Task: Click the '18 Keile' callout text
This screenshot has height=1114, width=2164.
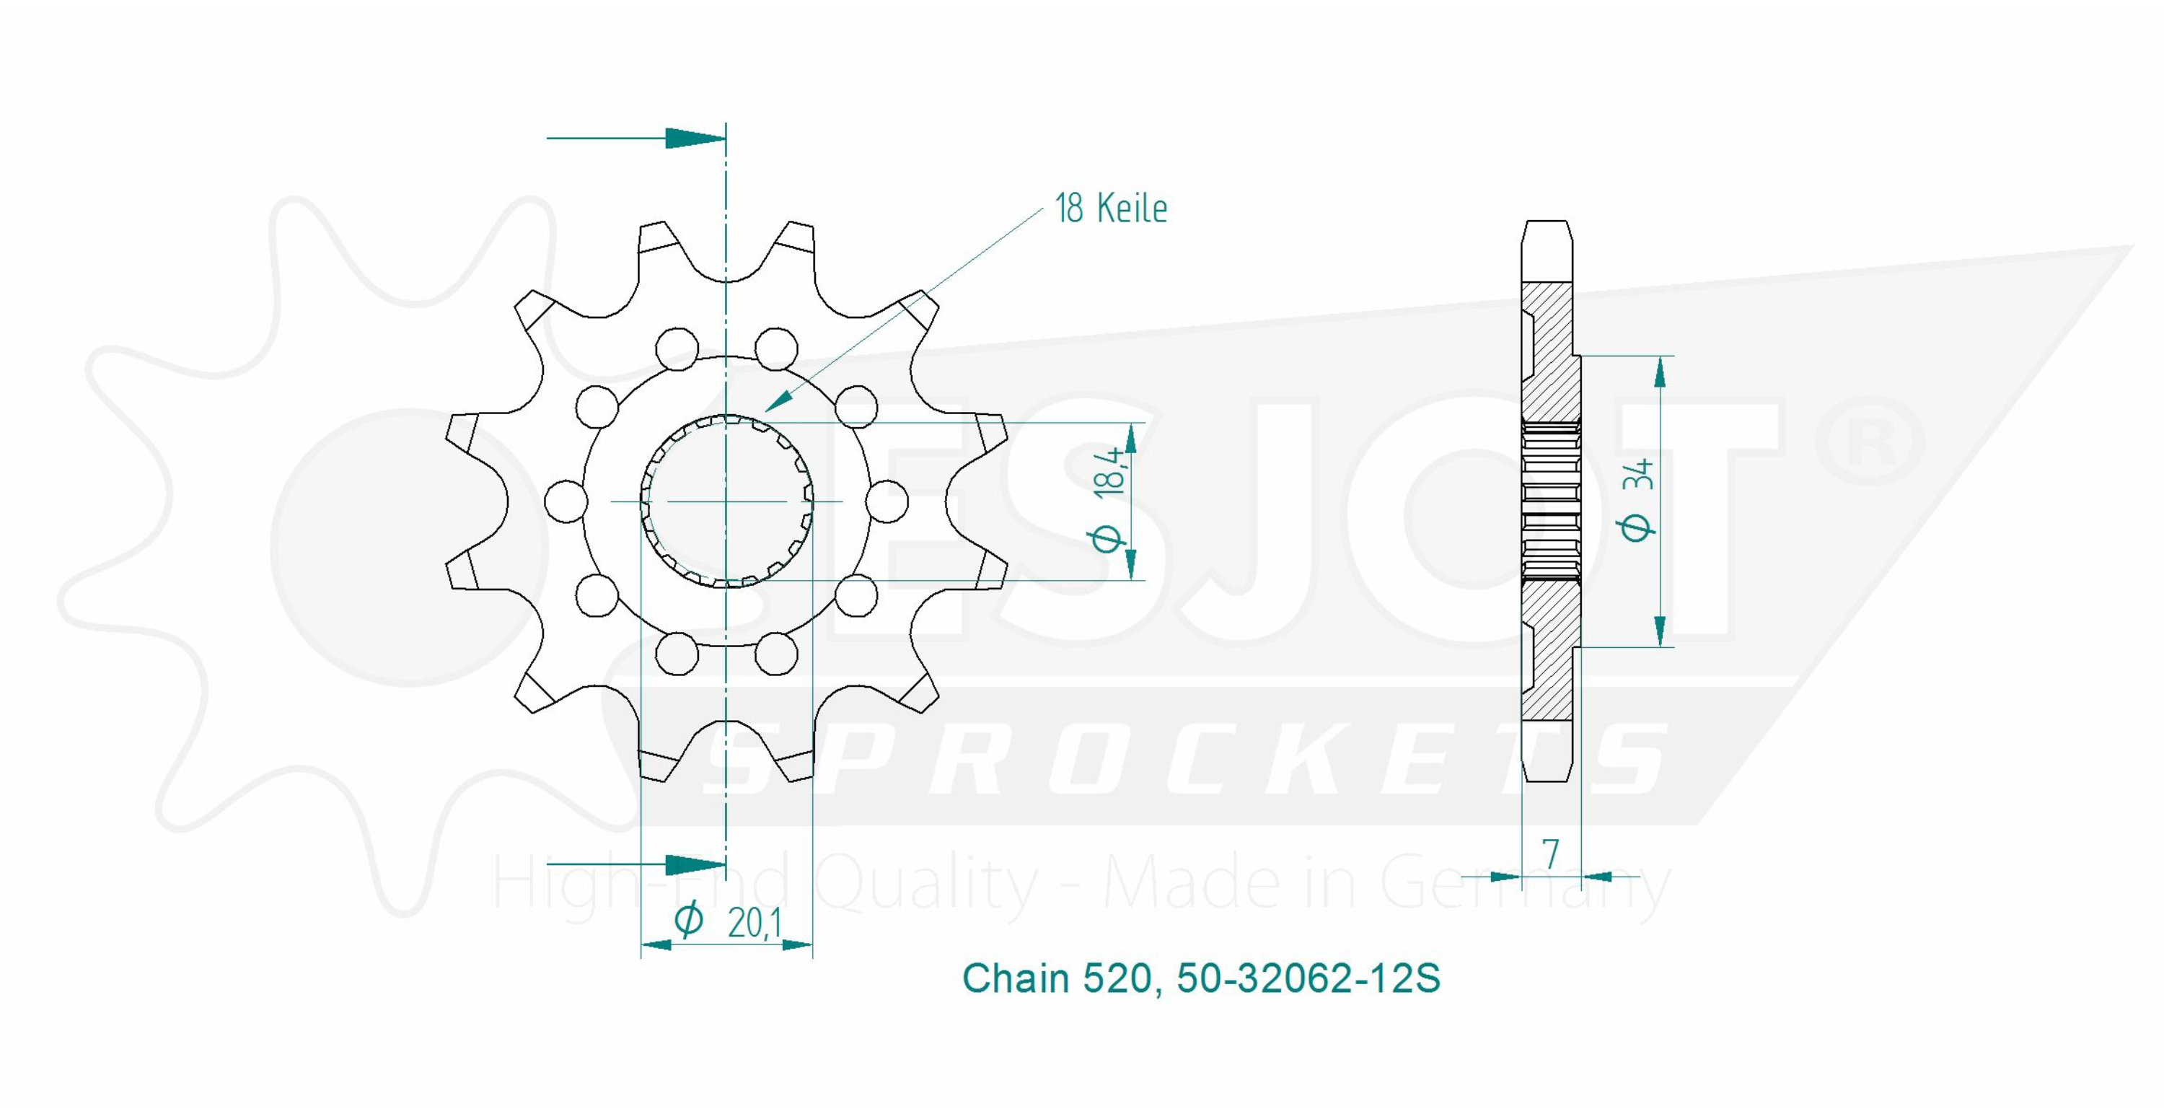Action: (x=1111, y=208)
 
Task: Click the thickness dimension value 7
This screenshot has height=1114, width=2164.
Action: (x=1551, y=854)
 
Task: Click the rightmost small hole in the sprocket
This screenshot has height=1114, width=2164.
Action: (x=887, y=501)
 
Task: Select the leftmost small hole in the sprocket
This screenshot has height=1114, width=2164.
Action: (x=566, y=501)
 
